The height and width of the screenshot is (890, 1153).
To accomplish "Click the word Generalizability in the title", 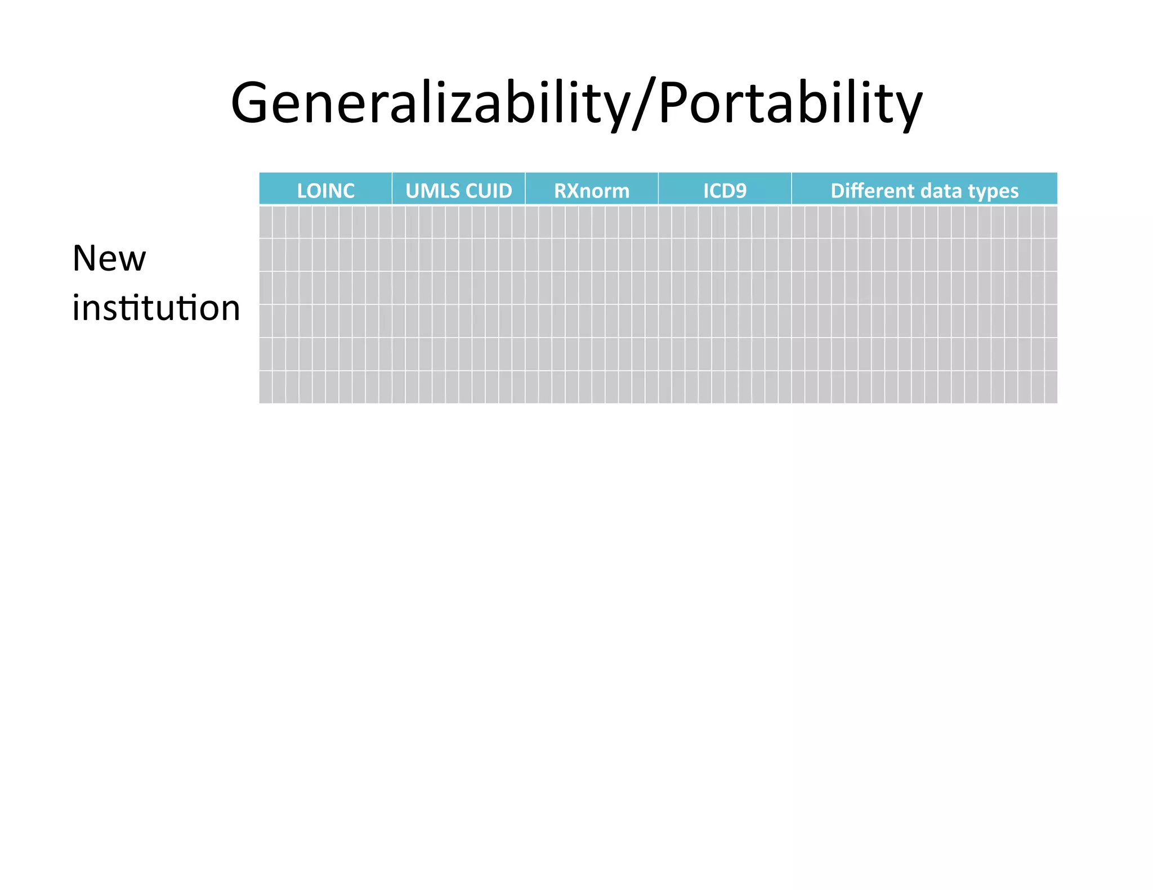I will [428, 104].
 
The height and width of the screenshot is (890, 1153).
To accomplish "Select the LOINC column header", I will [325, 191].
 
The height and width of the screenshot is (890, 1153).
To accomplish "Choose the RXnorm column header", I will [592, 191].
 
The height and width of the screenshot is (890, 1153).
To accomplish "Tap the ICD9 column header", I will [725, 191].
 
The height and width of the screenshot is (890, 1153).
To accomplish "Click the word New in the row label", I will [109, 259].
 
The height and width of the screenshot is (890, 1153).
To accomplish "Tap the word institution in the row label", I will [156, 308].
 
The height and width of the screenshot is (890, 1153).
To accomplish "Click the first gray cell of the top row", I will [266, 222].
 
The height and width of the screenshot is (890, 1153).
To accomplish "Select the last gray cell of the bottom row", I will [1051, 387].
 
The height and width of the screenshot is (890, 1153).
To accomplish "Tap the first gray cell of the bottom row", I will [266, 387].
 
